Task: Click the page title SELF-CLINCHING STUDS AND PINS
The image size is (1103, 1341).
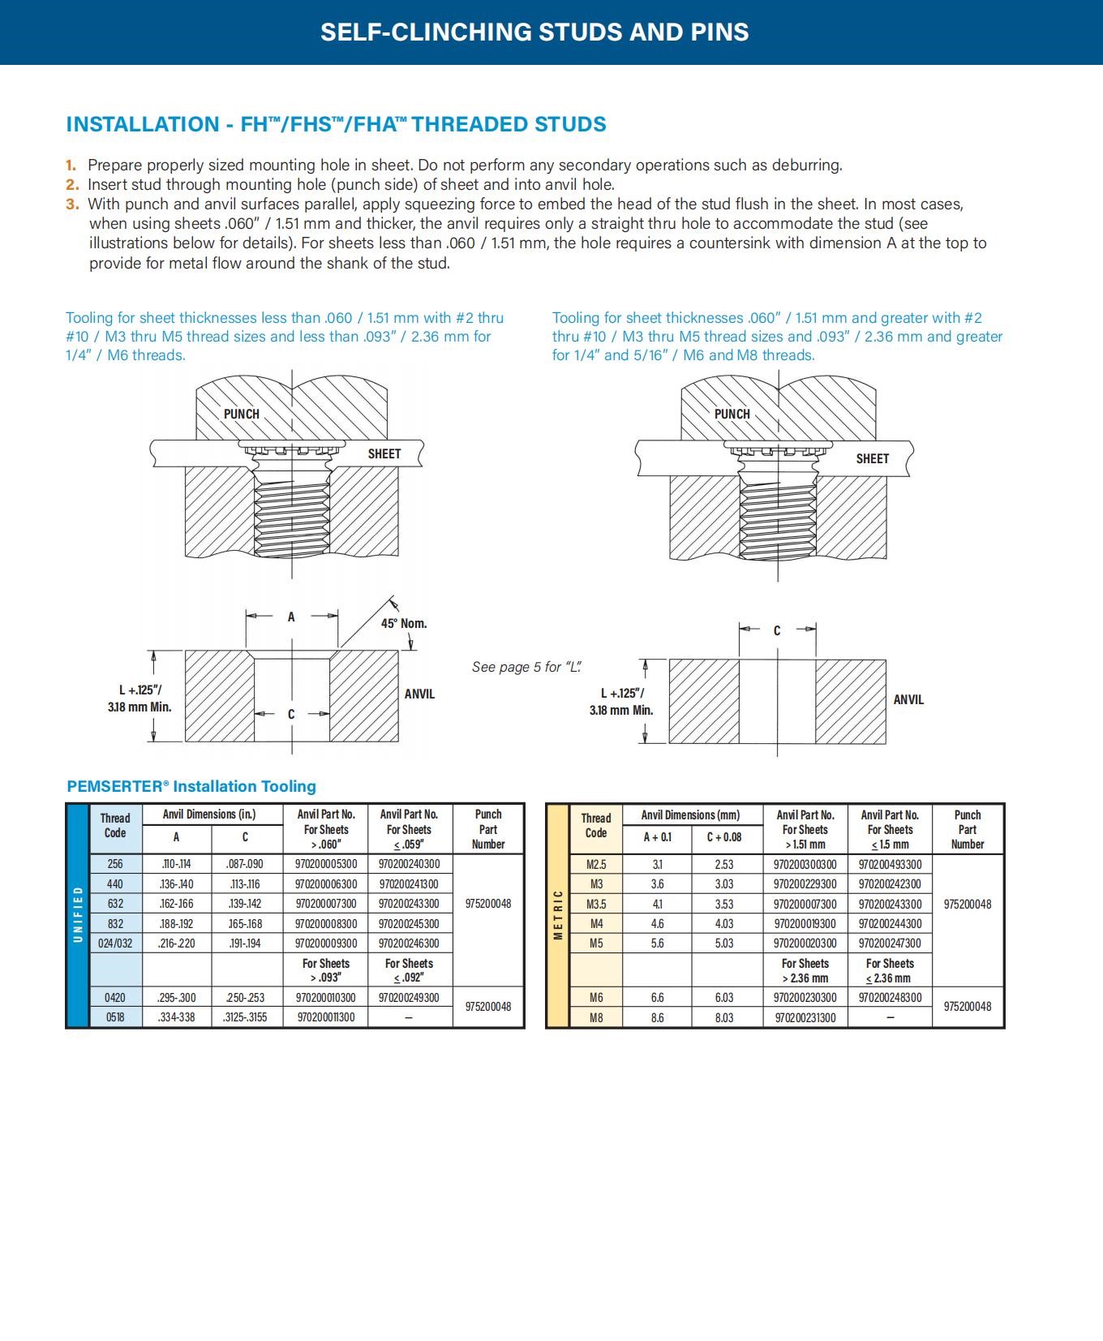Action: tap(534, 32)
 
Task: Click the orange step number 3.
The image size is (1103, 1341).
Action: tap(72, 204)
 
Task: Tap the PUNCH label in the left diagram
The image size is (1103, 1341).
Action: tap(242, 414)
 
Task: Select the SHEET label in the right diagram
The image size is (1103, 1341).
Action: tap(872, 458)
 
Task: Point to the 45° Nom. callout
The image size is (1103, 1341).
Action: tap(404, 623)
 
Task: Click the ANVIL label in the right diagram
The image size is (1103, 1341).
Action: tap(908, 699)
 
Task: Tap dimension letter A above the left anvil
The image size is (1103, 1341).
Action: tap(291, 617)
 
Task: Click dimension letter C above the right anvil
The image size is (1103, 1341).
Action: tap(776, 630)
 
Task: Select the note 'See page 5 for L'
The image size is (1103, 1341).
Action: tap(527, 667)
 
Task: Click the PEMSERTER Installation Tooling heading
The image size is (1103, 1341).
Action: tap(191, 786)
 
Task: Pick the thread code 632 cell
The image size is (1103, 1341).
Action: tap(115, 904)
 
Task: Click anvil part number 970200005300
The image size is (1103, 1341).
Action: tap(326, 864)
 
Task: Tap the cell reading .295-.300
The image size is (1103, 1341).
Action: tap(176, 998)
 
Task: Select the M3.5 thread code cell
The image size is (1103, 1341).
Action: tap(596, 904)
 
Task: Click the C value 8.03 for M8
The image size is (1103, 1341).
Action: tap(724, 1017)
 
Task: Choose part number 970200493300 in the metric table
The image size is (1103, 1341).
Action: tap(890, 865)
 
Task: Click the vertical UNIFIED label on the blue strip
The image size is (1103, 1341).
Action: tap(78, 914)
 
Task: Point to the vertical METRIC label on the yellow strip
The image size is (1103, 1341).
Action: tap(558, 915)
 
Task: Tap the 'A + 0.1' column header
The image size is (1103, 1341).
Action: tap(657, 837)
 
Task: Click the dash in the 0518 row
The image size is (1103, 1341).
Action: tap(409, 1017)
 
